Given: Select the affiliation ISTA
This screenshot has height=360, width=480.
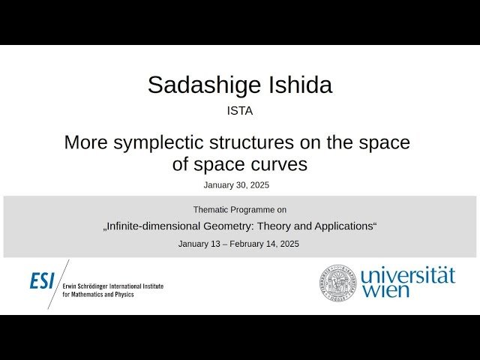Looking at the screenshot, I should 240,110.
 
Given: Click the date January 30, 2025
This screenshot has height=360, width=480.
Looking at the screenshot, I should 236,184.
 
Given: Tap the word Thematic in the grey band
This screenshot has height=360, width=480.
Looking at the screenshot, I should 212,210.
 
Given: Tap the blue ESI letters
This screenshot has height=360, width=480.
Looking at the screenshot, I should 42,280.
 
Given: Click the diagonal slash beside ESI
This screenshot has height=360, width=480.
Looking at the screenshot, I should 58,283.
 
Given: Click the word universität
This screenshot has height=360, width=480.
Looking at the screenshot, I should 407,275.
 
